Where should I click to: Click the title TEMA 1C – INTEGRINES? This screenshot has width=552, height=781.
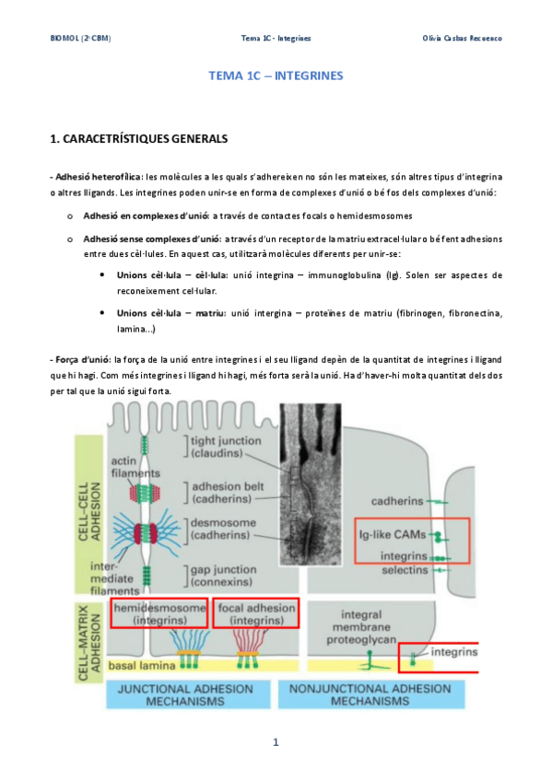coord(276,76)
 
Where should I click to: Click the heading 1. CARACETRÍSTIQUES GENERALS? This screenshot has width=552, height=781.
coord(139,139)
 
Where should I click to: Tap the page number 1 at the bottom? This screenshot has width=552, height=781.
coord(276,742)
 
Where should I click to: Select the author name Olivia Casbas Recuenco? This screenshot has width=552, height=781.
coord(462,39)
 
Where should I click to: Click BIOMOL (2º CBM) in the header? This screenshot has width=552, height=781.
coord(81,39)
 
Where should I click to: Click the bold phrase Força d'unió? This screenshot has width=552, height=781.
coord(83,359)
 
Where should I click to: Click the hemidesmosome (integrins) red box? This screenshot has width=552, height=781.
coord(159,613)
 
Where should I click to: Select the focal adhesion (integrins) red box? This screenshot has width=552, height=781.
coord(256,613)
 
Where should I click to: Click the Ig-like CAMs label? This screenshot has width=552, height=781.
coord(393,535)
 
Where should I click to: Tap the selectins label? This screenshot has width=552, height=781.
coord(405,570)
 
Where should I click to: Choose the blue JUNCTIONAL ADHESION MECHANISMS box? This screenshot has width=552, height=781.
coord(185,694)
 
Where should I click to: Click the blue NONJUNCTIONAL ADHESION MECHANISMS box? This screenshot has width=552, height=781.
coord(370,694)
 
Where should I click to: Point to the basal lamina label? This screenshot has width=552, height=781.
coord(142,666)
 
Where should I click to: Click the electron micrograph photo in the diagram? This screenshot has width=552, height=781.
coord(311,484)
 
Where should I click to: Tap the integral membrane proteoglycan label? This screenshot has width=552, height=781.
coord(361,627)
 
